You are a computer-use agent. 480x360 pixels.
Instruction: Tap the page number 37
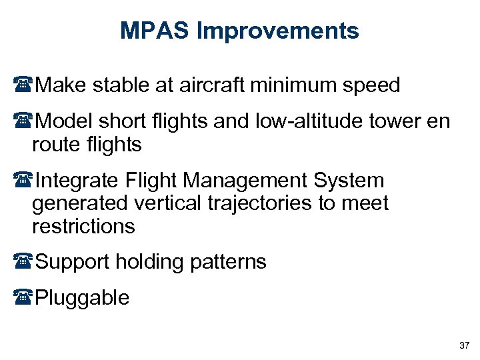[465, 345]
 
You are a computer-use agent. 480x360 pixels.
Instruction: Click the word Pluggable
[82, 298]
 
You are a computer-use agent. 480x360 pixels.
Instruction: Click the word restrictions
[83, 227]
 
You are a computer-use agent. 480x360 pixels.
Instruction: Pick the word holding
[151, 263]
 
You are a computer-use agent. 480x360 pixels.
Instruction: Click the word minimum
[290, 86]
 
